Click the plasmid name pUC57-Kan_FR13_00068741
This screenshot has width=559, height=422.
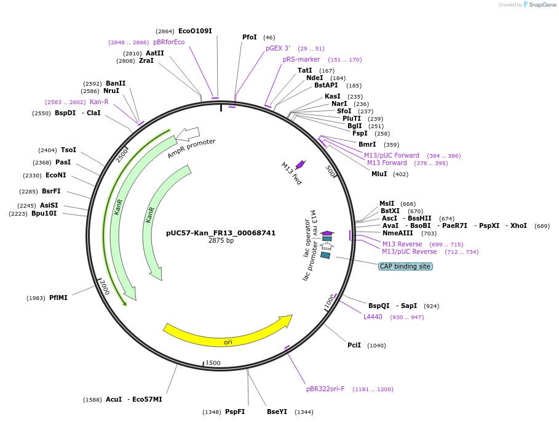[221, 233]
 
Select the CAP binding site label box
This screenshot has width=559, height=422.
[405, 266]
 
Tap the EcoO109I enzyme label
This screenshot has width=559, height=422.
[196, 31]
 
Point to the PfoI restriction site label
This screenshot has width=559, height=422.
[250, 38]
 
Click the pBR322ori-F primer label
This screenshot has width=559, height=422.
[325, 389]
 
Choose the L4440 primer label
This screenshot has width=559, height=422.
[373, 317]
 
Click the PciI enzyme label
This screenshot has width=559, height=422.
[354, 345]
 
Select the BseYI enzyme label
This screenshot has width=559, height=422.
[277, 412]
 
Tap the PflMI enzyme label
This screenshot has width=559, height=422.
[58, 298]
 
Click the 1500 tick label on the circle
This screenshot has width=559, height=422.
[213, 363]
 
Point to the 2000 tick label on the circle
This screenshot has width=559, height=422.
[104, 287]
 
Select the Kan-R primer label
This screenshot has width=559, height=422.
[99, 102]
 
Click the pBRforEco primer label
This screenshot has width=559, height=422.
[168, 42]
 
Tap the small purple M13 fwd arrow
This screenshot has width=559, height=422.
[300, 164]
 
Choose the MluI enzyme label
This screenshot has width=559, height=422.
[379, 174]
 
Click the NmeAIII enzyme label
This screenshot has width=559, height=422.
[398, 233]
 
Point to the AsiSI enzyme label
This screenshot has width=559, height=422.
[49, 205]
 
